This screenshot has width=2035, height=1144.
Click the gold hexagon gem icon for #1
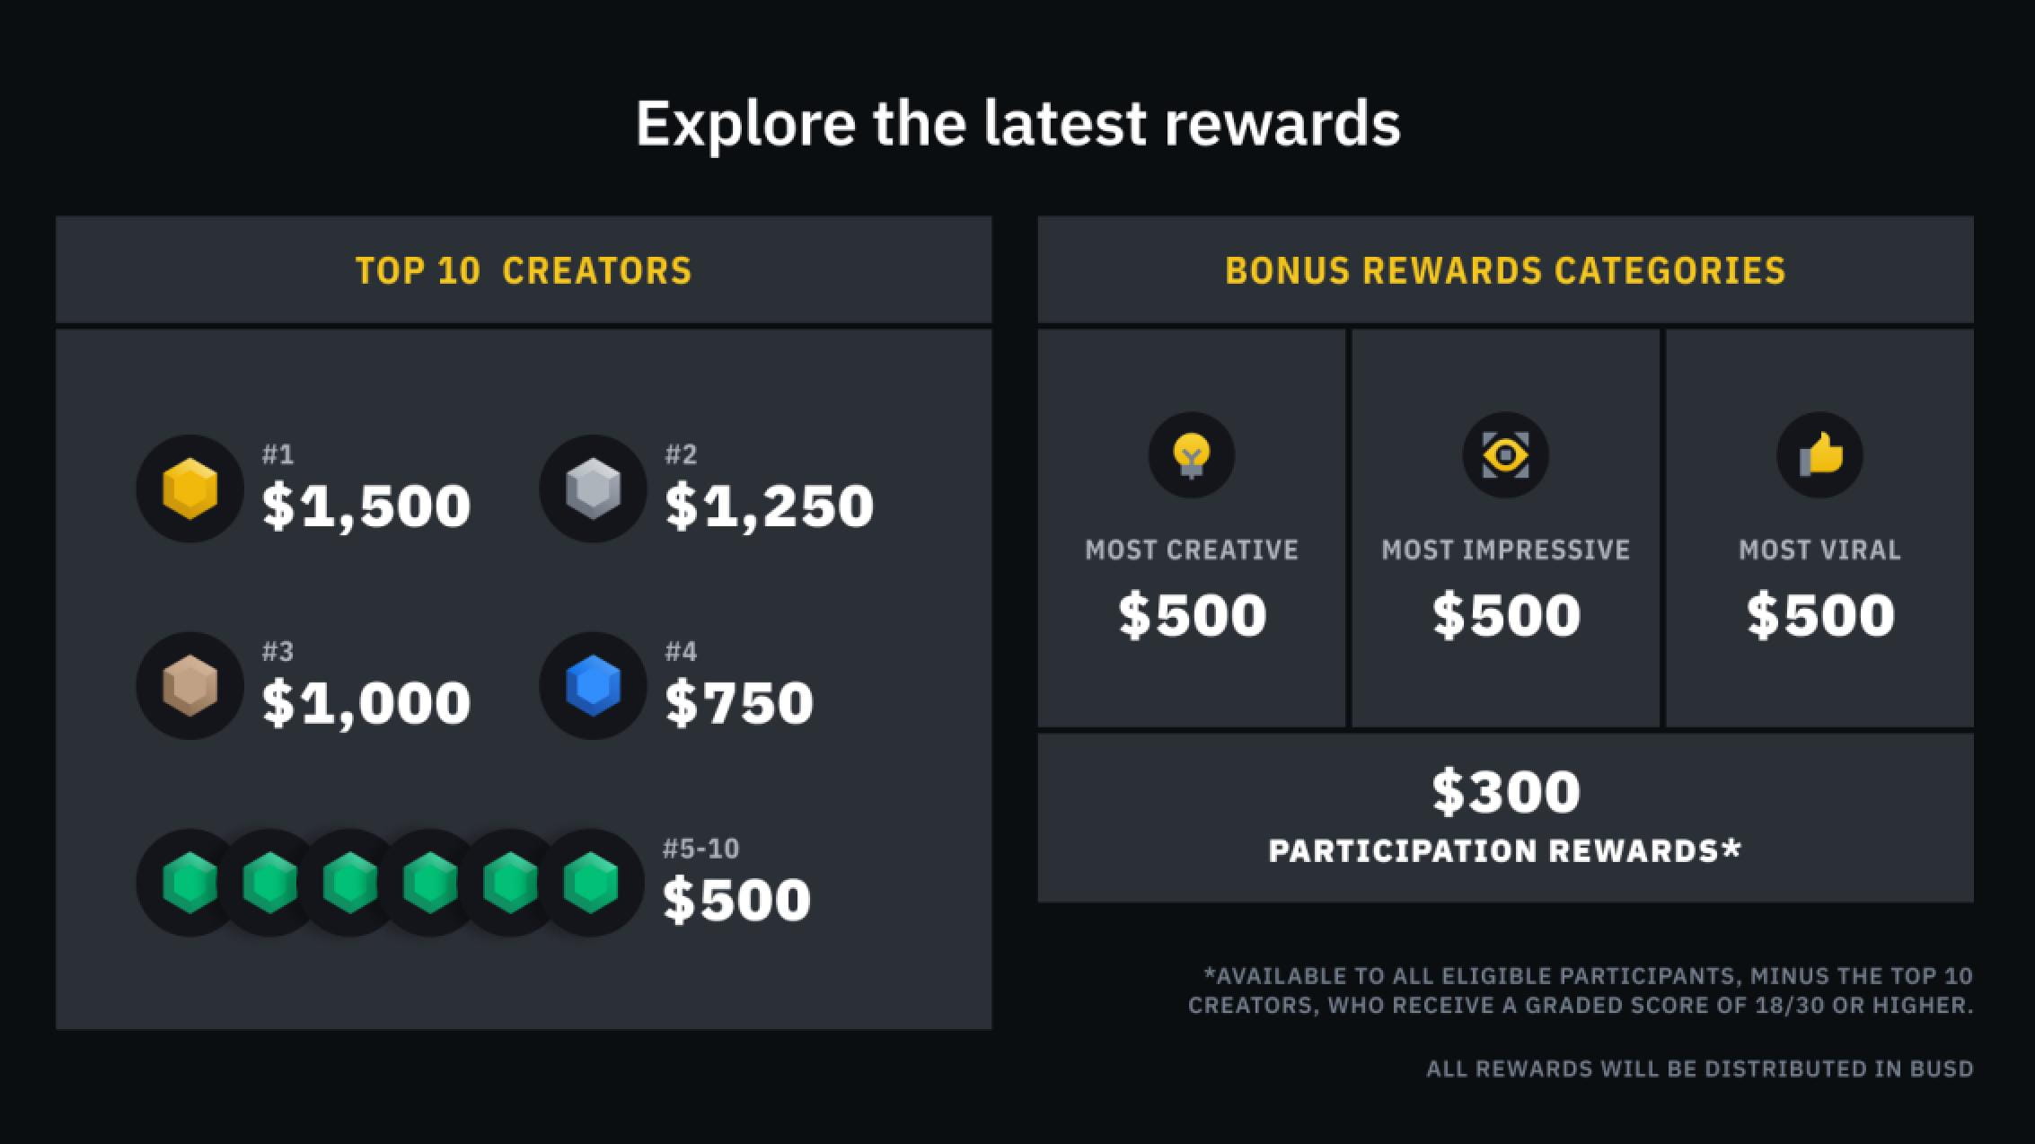click(190, 488)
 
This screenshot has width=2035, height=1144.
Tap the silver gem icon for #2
click(594, 488)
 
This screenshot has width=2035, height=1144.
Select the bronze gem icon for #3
click(190, 686)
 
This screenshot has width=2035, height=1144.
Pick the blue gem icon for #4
click(594, 686)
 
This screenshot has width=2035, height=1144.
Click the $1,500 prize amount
click(366, 506)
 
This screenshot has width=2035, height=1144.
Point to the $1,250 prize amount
click(770, 506)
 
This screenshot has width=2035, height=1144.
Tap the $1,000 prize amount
click(366, 703)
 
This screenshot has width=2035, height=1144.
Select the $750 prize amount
click(739, 702)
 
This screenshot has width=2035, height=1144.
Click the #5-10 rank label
click(700, 849)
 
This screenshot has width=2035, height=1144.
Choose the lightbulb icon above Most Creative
click(1192, 455)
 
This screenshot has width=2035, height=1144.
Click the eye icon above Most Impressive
click(1506, 455)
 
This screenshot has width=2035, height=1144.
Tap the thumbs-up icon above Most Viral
click(1820, 454)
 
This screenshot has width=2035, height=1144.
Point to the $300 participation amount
click(1506, 791)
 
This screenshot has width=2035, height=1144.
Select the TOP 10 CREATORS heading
click(524, 270)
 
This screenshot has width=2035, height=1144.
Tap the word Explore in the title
click(745, 124)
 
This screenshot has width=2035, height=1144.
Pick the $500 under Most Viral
click(1820, 615)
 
